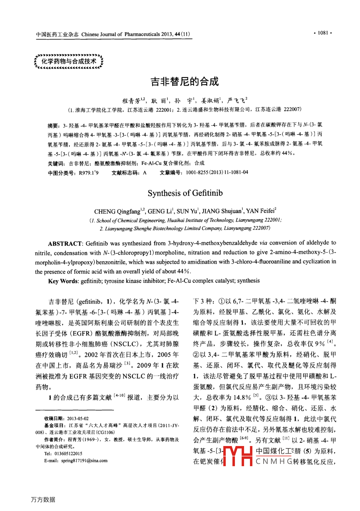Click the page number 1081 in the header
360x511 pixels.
(323, 33)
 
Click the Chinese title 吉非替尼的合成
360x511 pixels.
(184, 81)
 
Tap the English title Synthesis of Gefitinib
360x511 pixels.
(185, 193)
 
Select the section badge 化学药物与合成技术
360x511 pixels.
(69, 62)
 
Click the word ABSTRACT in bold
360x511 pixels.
(65, 244)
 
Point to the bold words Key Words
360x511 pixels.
(63, 281)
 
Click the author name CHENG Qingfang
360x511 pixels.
(117, 211)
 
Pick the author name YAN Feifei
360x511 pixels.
(260, 211)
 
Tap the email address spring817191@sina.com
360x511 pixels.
(84, 461)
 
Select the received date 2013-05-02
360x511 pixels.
(78, 418)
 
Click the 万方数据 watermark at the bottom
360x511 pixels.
(43, 499)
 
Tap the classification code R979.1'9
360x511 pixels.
(89, 173)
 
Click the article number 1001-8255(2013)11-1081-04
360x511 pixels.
(217, 172)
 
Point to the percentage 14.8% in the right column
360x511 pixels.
(242, 397)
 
